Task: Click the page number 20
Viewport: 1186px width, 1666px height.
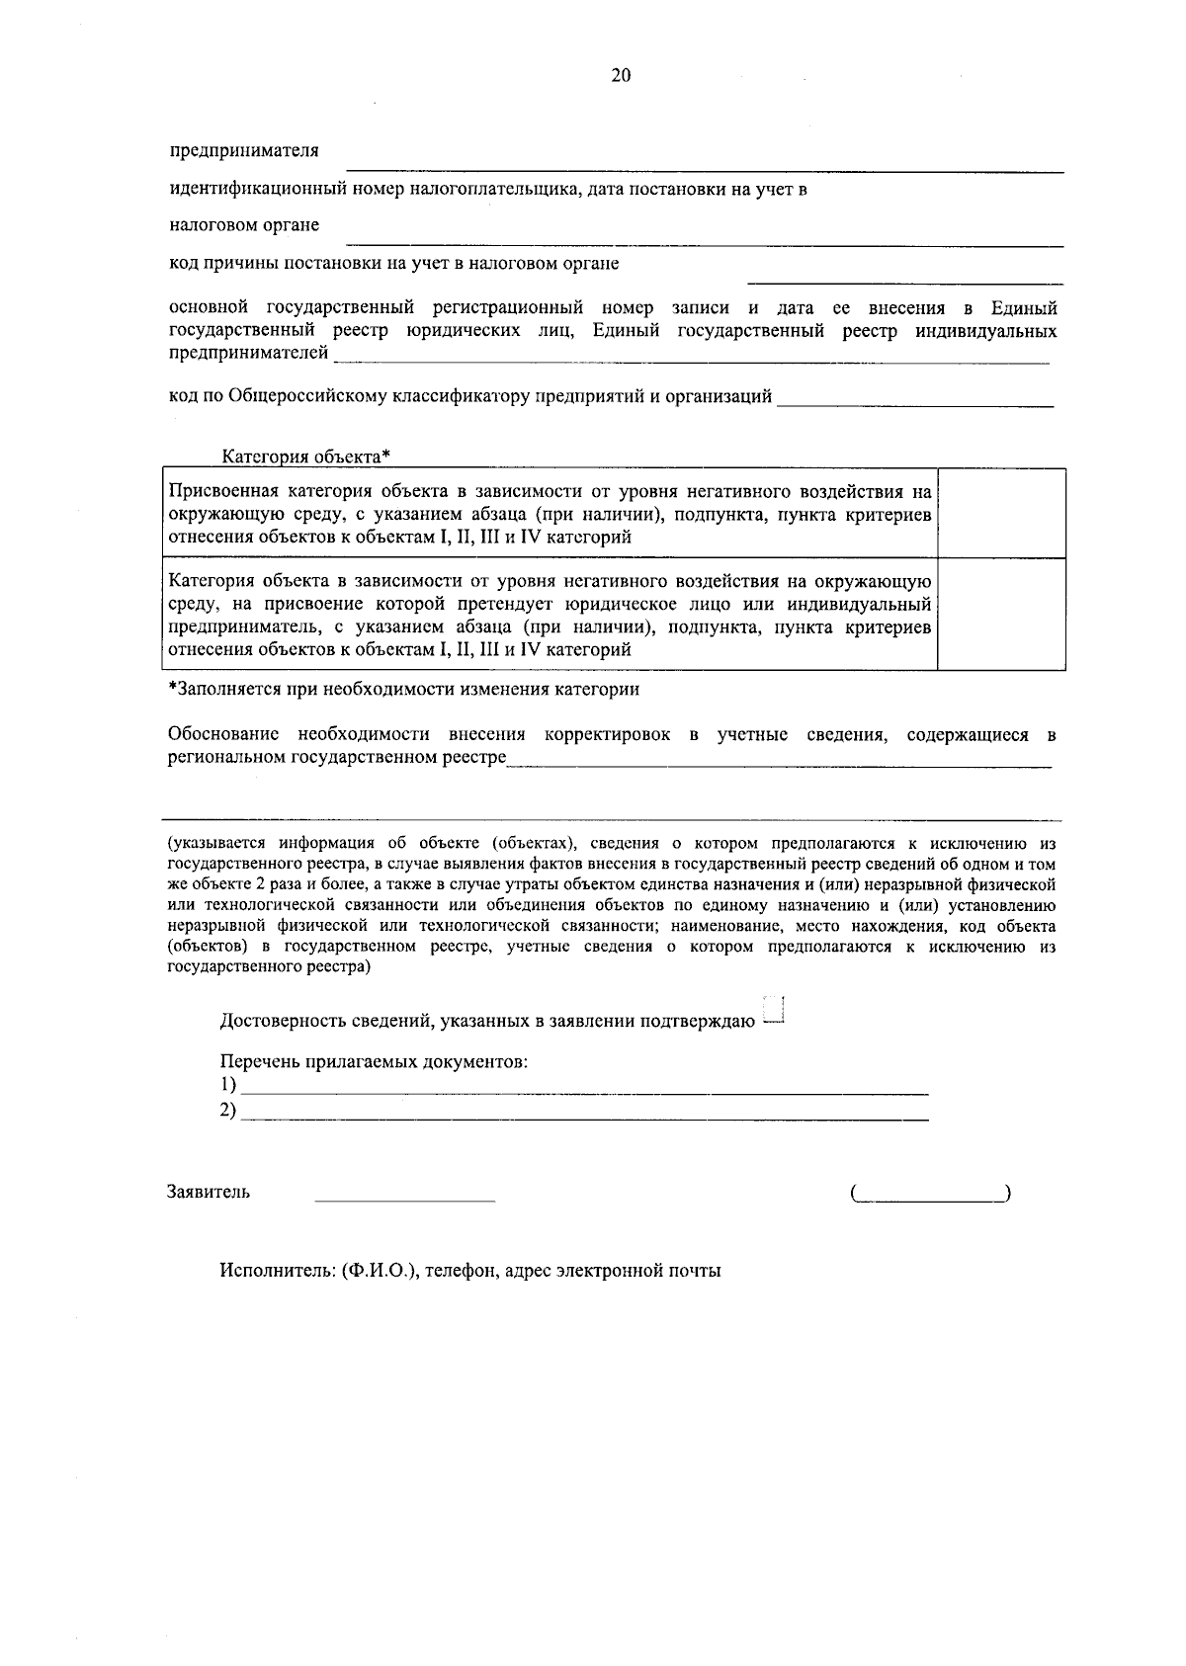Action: (621, 77)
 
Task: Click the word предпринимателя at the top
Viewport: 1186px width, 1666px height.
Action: (244, 151)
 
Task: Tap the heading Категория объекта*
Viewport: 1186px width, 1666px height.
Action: (306, 457)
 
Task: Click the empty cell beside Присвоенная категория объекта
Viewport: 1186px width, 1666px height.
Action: (1000, 514)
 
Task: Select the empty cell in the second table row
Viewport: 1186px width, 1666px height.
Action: (1000, 615)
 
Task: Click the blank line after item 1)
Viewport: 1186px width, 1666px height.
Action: (585, 1087)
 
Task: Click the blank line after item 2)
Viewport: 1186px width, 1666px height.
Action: (585, 1113)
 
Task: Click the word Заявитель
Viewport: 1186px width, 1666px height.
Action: (209, 1192)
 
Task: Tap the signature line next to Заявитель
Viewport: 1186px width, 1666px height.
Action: (404, 1195)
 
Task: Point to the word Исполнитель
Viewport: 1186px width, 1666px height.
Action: (277, 1271)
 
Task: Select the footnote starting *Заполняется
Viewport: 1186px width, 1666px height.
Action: (403, 690)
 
